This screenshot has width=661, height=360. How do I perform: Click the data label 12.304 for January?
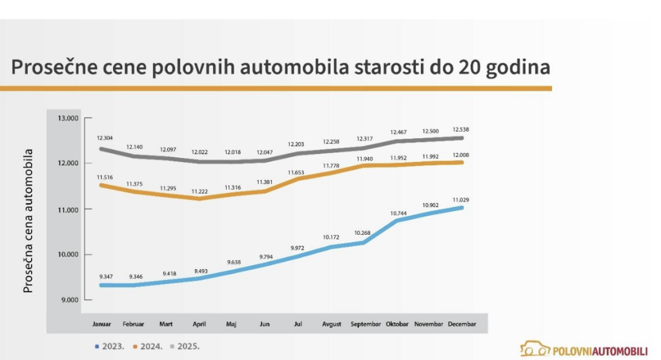pyautogui.click(x=105, y=137)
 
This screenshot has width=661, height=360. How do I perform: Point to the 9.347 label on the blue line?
pyautogui.click(x=105, y=275)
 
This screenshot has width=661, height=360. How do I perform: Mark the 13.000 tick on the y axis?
pyautogui.click(x=67, y=118)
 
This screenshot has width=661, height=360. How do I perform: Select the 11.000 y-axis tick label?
pyautogui.click(x=67, y=210)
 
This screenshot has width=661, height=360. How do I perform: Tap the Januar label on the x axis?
pyautogui.click(x=102, y=324)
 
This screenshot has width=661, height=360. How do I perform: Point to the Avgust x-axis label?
pyautogui.click(x=332, y=324)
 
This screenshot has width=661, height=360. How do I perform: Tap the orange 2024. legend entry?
pyautogui.click(x=148, y=346)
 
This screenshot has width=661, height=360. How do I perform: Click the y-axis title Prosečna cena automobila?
pyautogui.click(x=28, y=221)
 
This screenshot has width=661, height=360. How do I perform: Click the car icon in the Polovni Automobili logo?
pyautogui.click(x=534, y=349)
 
